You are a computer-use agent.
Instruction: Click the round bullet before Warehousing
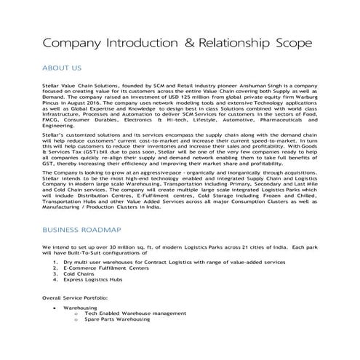point(56,308)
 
